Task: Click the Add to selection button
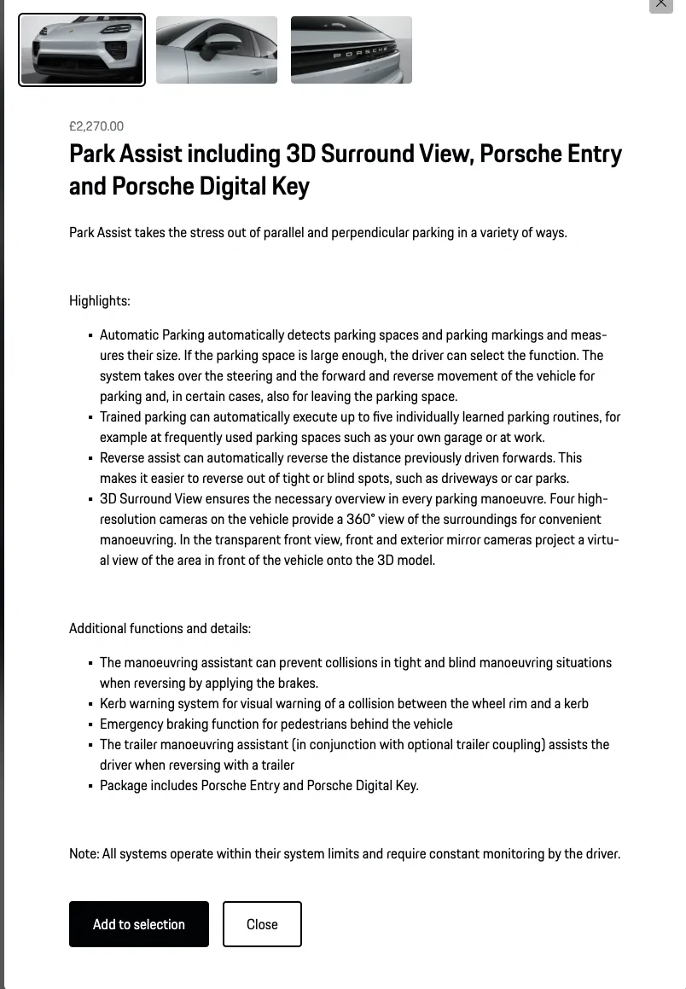click(139, 924)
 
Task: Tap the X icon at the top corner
click(661, 3)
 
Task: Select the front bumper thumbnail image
click(82, 50)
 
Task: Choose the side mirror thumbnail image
click(217, 50)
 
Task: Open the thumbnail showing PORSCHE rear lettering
click(352, 50)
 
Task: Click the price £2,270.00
click(96, 126)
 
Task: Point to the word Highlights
click(98, 300)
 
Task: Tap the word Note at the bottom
click(83, 853)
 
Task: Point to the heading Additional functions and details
click(160, 629)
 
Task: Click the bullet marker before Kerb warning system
click(90, 705)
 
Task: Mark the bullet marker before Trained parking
click(90, 418)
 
